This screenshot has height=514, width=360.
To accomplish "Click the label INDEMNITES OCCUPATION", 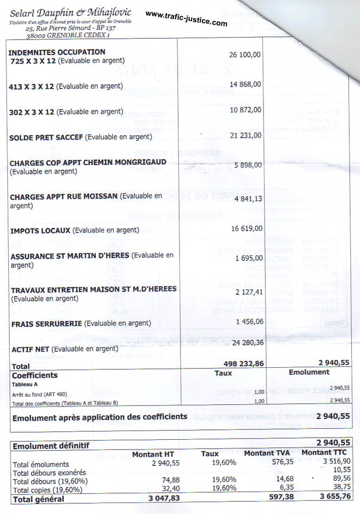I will point(57,52).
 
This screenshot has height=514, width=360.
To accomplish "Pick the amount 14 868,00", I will point(245,84).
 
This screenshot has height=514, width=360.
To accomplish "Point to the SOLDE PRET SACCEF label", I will point(46,138).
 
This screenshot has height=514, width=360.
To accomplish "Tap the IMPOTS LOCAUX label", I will point(40,230).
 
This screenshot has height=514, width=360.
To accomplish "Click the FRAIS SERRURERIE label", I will point(46,323).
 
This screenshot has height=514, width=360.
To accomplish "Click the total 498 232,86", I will point(244,363).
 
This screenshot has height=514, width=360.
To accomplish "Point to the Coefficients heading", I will point(35,375).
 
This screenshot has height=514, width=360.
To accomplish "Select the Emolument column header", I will point(309,372).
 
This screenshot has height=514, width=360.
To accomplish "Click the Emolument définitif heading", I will point(51,446).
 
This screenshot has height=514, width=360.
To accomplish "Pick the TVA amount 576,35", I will point(283,463).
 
